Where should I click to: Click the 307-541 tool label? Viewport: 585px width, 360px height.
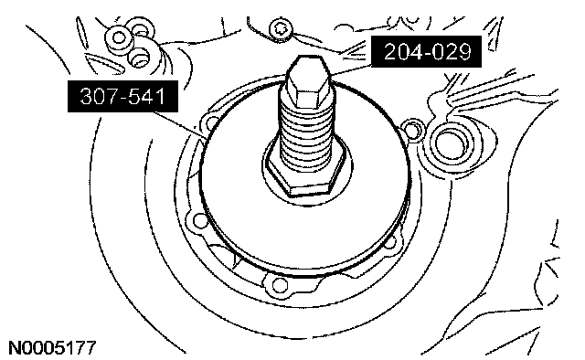(122, 96)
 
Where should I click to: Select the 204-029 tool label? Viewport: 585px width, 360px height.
(427, 51)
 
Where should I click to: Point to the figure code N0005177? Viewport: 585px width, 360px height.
(52, 348)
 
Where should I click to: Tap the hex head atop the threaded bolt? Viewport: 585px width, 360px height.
(307, 80)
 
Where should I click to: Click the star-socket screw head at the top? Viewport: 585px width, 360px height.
(280, 29)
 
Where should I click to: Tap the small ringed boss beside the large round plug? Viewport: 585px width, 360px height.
(412, 128)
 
